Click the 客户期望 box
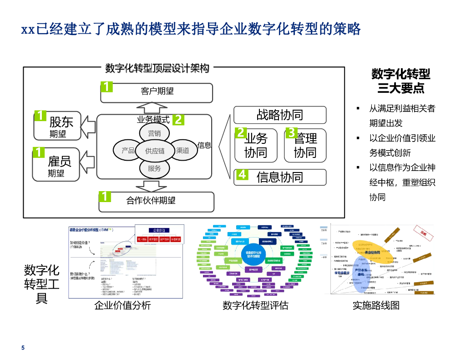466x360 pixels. [157, 92]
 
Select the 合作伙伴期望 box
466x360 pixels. [157, 202]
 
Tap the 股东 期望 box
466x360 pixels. [57, 126]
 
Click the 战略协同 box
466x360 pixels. [280, 115]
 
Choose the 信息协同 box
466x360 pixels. [280, 177]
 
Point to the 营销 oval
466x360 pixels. [154, 133]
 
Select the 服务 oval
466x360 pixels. [154, 168]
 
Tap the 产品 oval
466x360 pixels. [128, 150]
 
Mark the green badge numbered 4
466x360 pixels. [242, 175]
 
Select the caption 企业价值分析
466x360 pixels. [122, 305]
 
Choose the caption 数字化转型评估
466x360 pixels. [255, 305]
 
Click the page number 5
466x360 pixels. [23, 348]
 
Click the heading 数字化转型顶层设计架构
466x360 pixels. [157, 68]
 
